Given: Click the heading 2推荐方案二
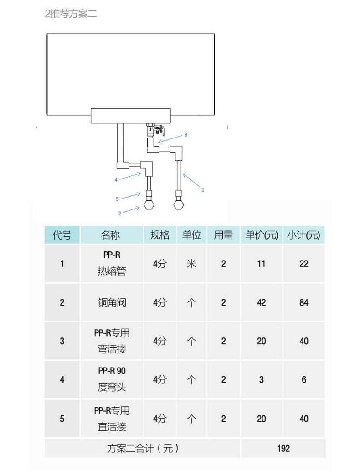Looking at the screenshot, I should pos(71,14).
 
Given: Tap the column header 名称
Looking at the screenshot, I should pos(111,235).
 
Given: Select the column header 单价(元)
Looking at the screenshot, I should pos(261,235).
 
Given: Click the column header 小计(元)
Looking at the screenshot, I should pos(303,235).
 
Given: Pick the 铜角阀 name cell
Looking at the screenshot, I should pos(111,302).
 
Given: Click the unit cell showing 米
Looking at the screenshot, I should pos(191,264).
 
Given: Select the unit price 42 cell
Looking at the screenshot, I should pos(261,302).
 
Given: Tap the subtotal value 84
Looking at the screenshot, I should pos(303,302).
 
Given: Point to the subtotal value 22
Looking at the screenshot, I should pos(303,264).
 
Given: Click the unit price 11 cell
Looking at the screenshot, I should pos(261,264).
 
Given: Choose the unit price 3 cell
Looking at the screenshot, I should pos(261,379).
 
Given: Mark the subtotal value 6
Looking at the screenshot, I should pos(303,379).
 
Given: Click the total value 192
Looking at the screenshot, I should pos(283,449).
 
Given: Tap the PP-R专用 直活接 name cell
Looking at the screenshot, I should pos(111,419).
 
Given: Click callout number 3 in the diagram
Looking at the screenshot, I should pos(185,134).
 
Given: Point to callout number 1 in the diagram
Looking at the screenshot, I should pos(203,190).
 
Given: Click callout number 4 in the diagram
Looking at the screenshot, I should pos(116,179).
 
